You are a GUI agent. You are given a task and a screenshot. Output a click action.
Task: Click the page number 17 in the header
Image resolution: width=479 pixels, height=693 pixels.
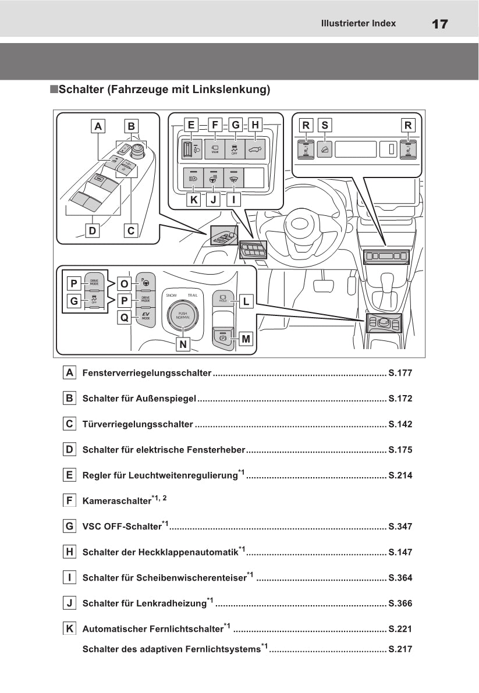coord(440,24)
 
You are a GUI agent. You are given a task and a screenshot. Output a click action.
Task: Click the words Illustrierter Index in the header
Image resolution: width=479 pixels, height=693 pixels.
coord(358,23)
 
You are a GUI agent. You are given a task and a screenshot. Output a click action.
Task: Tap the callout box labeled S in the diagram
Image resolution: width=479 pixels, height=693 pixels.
coord(325,125)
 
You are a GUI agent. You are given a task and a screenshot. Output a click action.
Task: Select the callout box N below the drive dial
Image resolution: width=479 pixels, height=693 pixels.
coord(183,344)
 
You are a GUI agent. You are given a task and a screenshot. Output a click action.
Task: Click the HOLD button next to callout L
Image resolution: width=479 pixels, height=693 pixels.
coord(222,298)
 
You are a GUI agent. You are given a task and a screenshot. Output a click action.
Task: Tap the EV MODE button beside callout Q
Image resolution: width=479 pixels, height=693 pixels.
coord(143,317)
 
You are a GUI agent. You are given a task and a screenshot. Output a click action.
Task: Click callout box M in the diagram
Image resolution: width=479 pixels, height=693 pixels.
coord(246,339)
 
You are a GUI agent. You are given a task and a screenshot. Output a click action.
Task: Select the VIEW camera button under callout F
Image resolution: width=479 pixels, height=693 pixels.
coord(215,148)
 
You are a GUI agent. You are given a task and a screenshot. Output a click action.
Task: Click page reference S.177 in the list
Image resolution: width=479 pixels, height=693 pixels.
coord(400,373)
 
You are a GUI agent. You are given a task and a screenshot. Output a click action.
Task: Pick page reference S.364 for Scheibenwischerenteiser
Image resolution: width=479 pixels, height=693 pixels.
coord(400,578)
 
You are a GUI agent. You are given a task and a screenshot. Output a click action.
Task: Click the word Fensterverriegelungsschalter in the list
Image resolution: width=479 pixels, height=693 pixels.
coord(147,373)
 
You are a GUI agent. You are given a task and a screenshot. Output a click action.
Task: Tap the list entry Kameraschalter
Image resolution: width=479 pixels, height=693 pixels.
coord(116,500)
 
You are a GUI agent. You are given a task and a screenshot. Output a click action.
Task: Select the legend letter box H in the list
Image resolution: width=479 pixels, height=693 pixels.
coord(69,552)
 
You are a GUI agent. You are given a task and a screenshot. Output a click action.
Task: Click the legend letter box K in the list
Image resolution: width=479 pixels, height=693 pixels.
coord(69,628)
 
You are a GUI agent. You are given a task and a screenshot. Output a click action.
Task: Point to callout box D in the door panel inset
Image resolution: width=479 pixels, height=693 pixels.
coord(92,231)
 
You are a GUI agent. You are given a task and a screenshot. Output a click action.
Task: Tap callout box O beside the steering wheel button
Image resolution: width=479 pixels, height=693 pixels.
coord(124,283)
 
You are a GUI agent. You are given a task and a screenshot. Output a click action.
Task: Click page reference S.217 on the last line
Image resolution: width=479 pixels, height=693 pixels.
coord(400,649)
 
